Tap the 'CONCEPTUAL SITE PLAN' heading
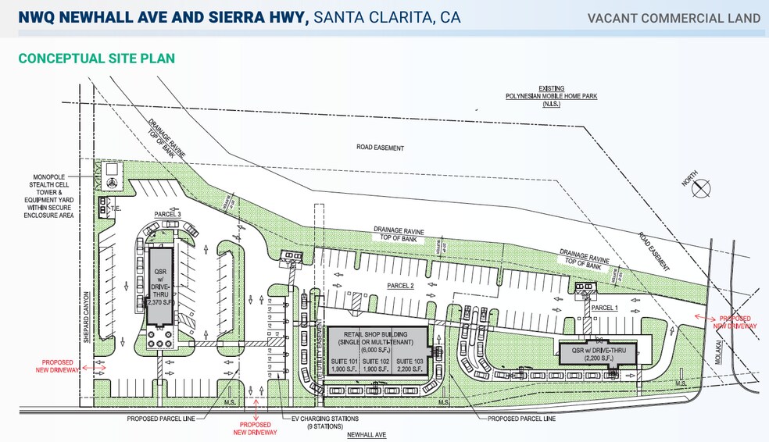pyautogui.click(x=96, y=59)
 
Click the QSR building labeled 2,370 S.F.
pyautogui.click(x=159, y=284)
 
